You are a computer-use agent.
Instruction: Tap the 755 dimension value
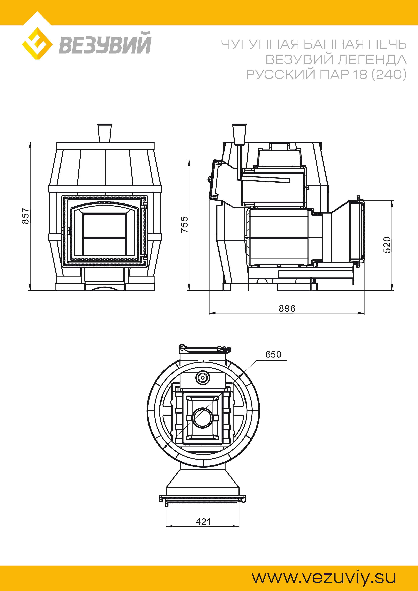184,224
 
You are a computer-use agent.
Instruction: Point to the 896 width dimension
287,308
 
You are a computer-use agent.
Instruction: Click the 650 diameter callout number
273,354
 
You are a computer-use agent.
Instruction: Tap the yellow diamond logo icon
37,43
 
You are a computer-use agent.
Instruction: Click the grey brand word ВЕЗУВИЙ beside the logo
105,43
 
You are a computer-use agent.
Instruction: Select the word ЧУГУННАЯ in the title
260,44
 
